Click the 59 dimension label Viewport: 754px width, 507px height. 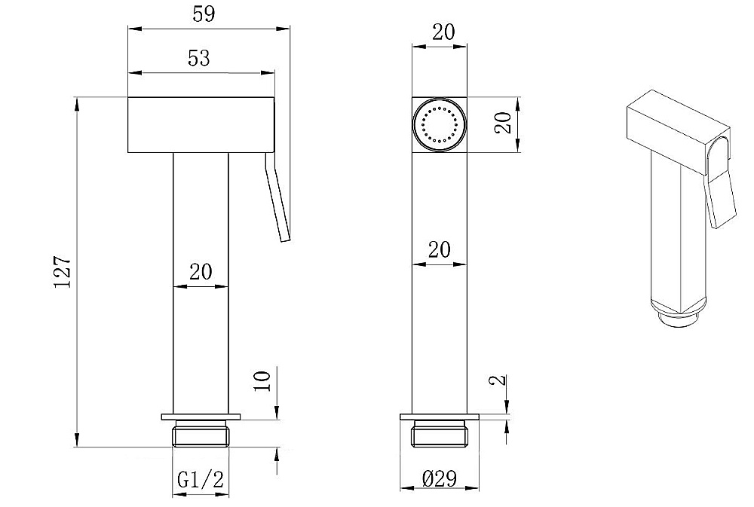pyautogui.click(x=204, y=14)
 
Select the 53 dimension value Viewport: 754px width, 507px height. pyautogui.click(x=199, y=58)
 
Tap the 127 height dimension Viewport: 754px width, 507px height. pyautogui.click(x=63, y=272)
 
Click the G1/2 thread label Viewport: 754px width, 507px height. pyautogui.click(x=201, y=480)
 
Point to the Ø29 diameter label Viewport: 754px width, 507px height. pyautogui.click(x=439, y=478)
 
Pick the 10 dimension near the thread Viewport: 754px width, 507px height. pyautogui.click(x=262, y=380)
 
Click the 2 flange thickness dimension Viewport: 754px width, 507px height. pyautogui.click(x=500, y=380)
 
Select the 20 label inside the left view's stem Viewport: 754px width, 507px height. pyautogui.click(x=201, y=272)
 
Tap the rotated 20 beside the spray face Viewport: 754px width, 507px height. pyautogui.click(x=502, y=123)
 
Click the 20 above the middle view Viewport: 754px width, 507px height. pyautogui.click(x=443, y=32)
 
